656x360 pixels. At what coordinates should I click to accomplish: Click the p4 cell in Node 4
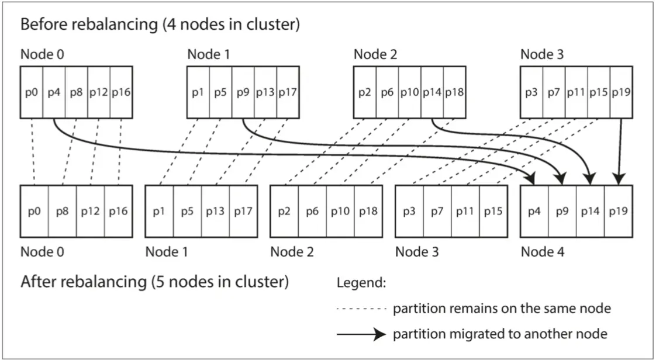point(534,211)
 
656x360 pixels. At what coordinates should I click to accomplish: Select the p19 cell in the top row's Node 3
point(621,92)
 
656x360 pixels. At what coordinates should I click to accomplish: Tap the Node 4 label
point(542,252)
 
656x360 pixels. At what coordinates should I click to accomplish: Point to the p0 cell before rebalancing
point(32,92)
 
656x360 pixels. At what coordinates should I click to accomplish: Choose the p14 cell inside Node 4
point(590,211)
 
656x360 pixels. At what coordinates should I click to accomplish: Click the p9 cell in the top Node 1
point(243,92)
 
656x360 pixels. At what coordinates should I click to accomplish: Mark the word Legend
point(361,283)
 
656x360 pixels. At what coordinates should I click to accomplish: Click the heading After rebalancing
point(154,282)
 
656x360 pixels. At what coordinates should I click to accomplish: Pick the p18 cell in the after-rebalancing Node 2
point(368,211)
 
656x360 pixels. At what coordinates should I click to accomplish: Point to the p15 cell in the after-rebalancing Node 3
point(493,211)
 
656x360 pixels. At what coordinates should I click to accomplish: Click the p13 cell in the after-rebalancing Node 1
point(215,211)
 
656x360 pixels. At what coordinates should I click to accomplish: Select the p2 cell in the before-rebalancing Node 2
point(365,92)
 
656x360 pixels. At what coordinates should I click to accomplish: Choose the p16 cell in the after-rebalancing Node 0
point(118,211)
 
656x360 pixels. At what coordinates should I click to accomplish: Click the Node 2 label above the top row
point(375,55)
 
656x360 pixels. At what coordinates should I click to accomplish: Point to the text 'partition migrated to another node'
point(500,334)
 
